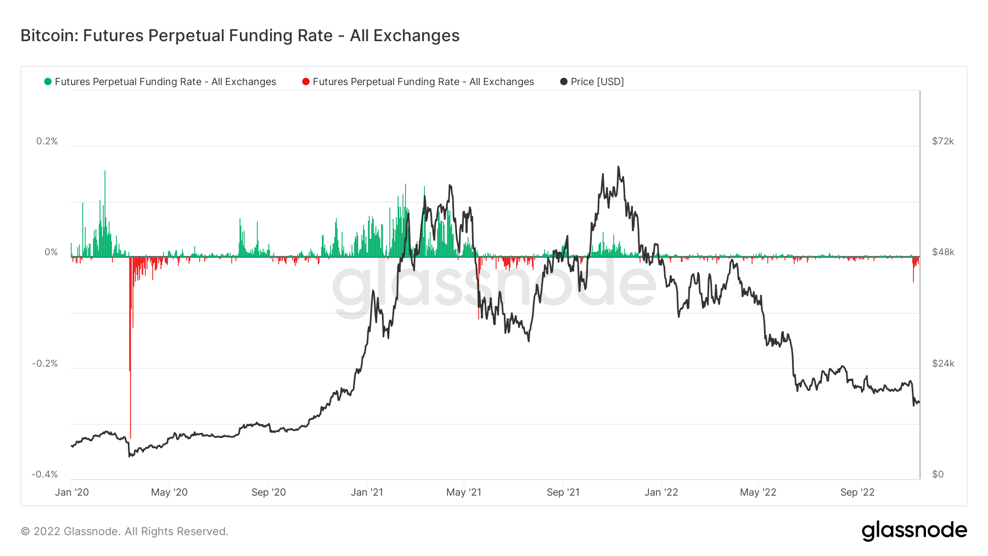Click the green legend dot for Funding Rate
(48, 82)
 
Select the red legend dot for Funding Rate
(306, 82)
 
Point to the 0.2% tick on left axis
(47, 141)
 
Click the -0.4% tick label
(44, 474)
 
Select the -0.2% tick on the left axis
(44, 363)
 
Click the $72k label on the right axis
(943, 141)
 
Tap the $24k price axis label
(943, 363)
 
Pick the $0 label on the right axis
(938, 474)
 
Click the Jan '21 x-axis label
(367, 492)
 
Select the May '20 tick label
(169, 492)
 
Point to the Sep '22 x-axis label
(857, 492)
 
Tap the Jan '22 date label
(661, 492)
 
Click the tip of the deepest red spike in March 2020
(131, 437)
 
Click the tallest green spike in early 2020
(105, 172)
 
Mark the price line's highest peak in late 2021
(618, 167)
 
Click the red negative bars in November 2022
(914, 269)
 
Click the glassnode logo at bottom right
(914, 531)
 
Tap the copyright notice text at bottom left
(125, 531)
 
